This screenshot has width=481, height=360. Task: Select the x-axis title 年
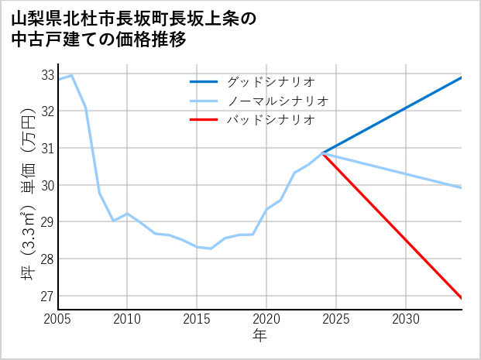(259, 335)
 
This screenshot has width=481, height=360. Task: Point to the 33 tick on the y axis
(46, 75)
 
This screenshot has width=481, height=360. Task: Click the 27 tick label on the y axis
(46, 296)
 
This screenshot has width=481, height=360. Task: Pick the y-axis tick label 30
(46, 186)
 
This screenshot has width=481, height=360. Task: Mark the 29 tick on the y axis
(46, 222)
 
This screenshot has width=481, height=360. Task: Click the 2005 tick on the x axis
(58, 318)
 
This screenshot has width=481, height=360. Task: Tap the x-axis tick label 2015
(197, 318)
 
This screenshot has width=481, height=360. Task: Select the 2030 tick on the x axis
(406, 318)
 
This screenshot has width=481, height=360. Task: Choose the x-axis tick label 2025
(336, 318)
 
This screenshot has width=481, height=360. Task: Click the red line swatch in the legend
(204, 120)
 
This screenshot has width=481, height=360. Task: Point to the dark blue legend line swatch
(204, 81)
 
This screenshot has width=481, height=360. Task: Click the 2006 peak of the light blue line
(72, 75)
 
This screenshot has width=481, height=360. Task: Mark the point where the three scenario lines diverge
(323, 153)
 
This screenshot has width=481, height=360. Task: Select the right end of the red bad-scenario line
(462, 298)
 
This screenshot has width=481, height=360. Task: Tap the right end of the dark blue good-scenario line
(462, 77)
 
